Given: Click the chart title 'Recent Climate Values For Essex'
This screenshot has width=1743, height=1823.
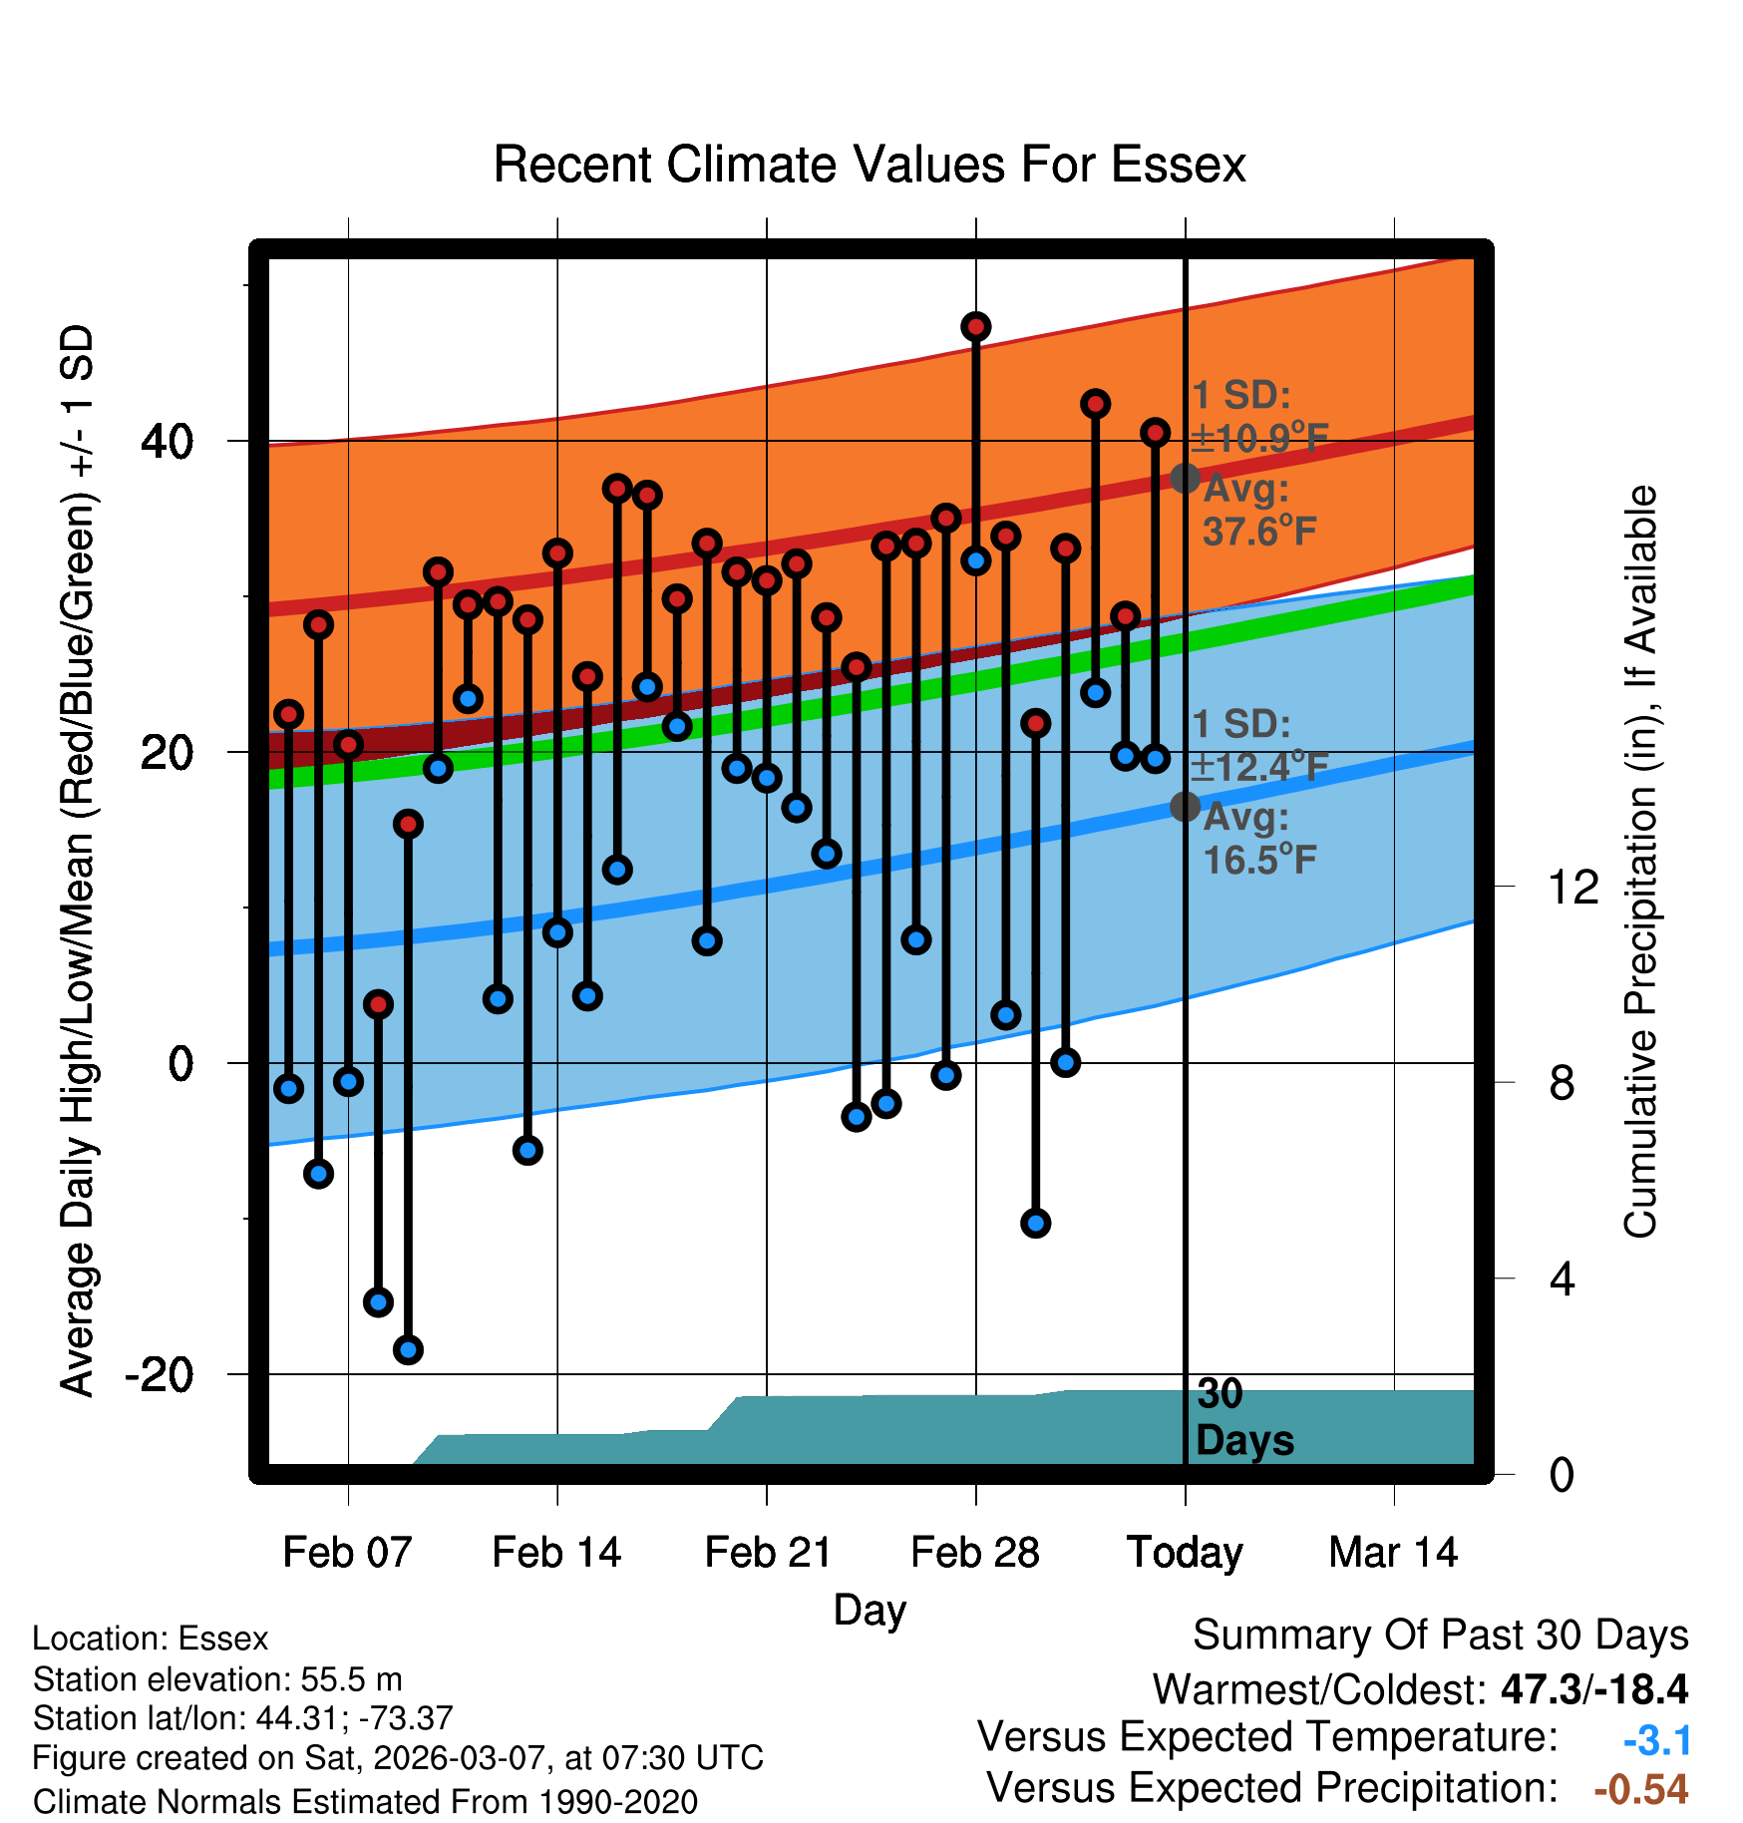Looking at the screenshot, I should (870, 165).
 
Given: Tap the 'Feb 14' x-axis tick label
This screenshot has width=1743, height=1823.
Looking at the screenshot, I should (556, 1553).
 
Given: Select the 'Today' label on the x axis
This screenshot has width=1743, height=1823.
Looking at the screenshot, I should (1185, 1553).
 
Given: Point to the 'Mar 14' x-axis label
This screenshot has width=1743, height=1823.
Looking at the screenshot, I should (1393, 1553).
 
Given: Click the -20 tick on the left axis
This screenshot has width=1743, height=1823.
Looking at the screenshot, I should (159, 1375).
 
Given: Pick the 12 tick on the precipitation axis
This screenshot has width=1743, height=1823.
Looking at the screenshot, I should (1573, 887).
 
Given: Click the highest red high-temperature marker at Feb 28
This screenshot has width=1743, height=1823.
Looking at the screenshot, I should (976, 327).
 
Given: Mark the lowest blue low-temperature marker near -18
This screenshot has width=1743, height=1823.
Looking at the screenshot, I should (408, 1350).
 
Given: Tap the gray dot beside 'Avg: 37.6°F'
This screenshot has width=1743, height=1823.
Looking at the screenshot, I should (1185, 479).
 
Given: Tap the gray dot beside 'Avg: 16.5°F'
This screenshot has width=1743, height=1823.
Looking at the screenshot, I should (1185, 807).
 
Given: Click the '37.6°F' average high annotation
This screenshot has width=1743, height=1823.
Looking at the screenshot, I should (1260, 532).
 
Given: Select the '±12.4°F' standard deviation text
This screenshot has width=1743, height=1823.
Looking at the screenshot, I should (1260, 767).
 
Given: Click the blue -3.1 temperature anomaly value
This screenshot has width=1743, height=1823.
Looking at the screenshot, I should (1656, 1740).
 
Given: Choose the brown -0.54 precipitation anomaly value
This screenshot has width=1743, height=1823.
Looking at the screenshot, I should (1641, 1789).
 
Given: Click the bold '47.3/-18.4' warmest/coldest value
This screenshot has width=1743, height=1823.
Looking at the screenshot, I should (1594, 1689).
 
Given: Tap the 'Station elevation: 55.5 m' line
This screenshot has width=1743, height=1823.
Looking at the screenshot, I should (217, 1679).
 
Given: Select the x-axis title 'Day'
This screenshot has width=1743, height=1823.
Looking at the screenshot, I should (870, 1610).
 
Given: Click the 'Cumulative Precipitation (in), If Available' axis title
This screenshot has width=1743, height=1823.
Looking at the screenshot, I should (1640, 863).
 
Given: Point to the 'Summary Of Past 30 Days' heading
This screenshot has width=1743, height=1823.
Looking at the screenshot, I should (1441, 1636).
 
